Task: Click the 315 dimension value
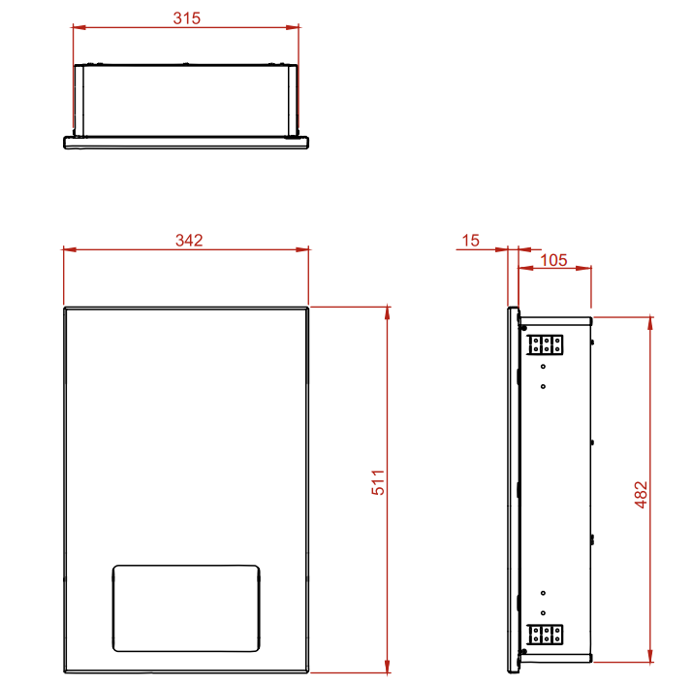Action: [186, 18]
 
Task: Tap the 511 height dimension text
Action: [379, 483]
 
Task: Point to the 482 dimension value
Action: [641, 493]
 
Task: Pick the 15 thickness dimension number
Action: [470, 241]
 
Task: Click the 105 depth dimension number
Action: [553, 260]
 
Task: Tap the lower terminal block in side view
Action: [545, 636]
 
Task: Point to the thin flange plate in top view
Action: [186, 143]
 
